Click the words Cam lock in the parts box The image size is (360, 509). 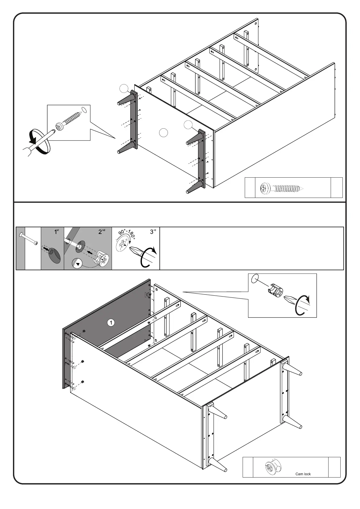tap(303, 474)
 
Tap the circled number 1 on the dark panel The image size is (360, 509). tap(111, 323)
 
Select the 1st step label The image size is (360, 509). tap(56, 232)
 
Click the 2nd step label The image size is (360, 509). tap(102, 232)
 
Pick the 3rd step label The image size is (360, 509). tap(153, 232)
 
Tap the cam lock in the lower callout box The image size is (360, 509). tap(274, 291)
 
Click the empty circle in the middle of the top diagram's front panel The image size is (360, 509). tap(163, 133)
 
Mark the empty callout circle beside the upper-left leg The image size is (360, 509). tap(123, 88)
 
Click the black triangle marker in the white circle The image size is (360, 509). tap(78, 264)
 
